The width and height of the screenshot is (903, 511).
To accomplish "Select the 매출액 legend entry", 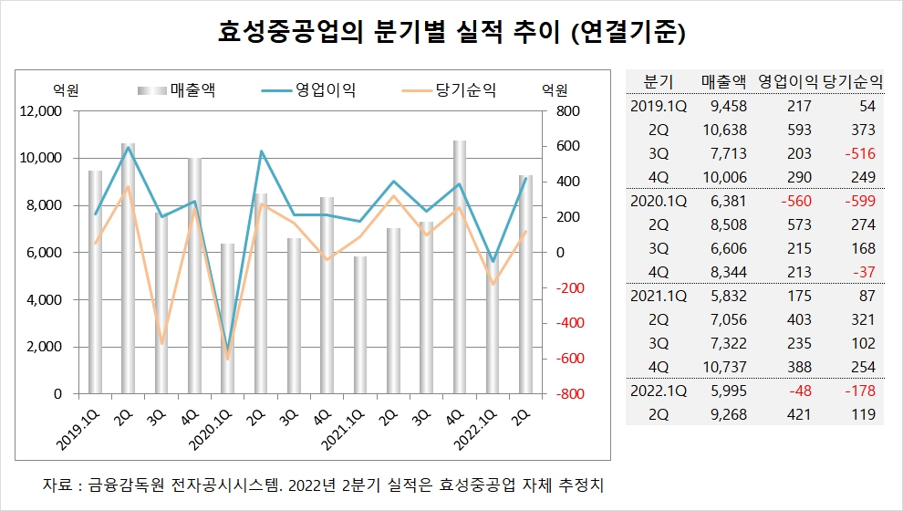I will [x=192, y=89].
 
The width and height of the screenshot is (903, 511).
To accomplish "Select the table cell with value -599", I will [x=857, y=201].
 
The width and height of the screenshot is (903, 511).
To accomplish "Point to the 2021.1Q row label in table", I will [x=658, y=296].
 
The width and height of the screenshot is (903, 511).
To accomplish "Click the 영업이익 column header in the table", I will [x=789, y=80].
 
